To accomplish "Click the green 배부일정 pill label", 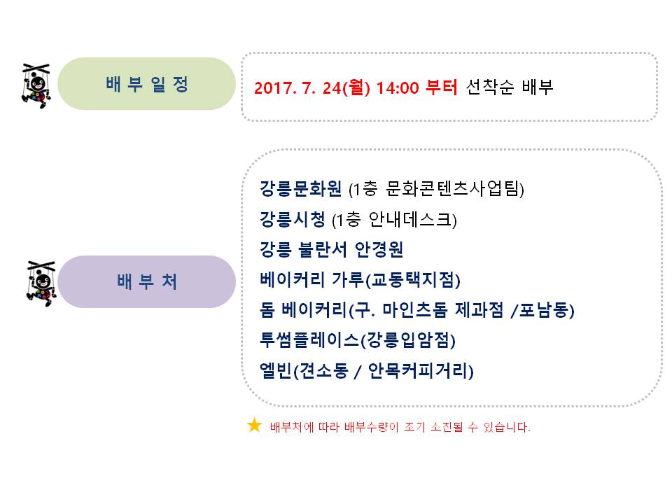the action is point(146,84).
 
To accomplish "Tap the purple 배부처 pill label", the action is point(146,281).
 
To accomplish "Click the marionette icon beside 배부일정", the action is point(36,85).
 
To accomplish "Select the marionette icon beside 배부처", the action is point(41,283).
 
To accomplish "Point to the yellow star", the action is point(254,425).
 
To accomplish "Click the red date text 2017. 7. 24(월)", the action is point(312,87).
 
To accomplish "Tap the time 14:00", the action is point(398,88).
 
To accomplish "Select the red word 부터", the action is point(442,87).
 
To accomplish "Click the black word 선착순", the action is point(490,87).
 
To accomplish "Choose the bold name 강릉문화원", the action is point(301,188).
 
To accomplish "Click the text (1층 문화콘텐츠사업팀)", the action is point(436,188).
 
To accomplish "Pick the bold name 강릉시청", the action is point(293,219).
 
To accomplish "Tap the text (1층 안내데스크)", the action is point(394,219).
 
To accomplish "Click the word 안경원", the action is point(379,249).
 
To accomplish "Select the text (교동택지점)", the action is point(413,280).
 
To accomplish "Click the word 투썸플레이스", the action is point(309,340).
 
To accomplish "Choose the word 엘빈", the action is point(276,370).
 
